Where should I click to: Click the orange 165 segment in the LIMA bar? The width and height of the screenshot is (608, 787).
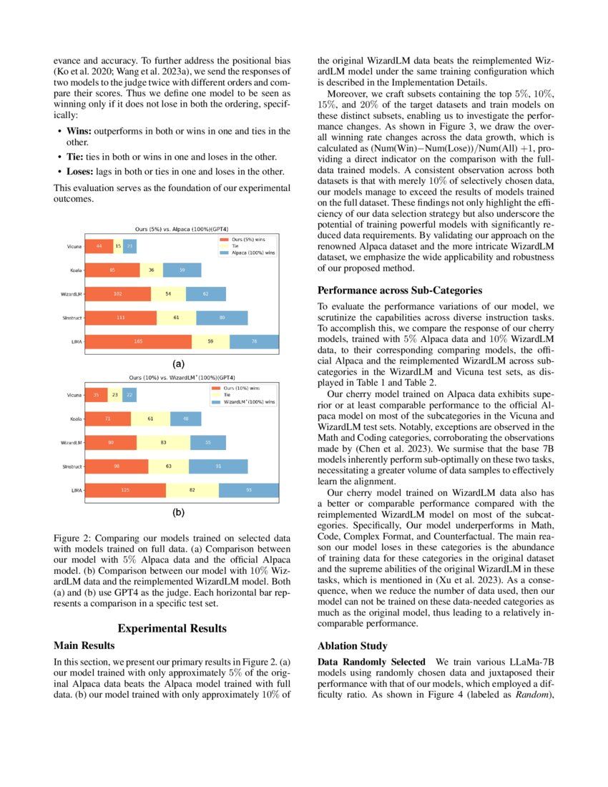[138, 341]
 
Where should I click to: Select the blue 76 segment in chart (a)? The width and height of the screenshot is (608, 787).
[254, 341]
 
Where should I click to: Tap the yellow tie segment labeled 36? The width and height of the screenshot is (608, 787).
[151, 270]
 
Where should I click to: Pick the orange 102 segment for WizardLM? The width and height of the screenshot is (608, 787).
[118, 293]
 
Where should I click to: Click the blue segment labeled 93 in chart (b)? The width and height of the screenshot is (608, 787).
[248, 490]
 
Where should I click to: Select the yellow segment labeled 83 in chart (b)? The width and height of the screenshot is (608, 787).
[163, 442]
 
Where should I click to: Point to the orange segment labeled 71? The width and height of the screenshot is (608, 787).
[108, 419]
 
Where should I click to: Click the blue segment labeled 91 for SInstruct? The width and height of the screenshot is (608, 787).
[218, 466]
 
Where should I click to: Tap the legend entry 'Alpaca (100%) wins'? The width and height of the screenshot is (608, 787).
[250, 253]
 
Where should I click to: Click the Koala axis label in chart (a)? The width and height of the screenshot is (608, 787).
[73, 270]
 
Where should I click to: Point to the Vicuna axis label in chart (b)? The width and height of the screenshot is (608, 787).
[74, 395]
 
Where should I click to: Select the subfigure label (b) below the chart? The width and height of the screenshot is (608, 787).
[177, 513]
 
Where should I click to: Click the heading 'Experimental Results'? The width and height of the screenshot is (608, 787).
[172, 628]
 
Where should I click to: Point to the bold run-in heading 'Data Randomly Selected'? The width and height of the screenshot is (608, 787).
[361, 663]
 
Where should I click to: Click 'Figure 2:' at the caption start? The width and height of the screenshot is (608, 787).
[74, 538]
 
